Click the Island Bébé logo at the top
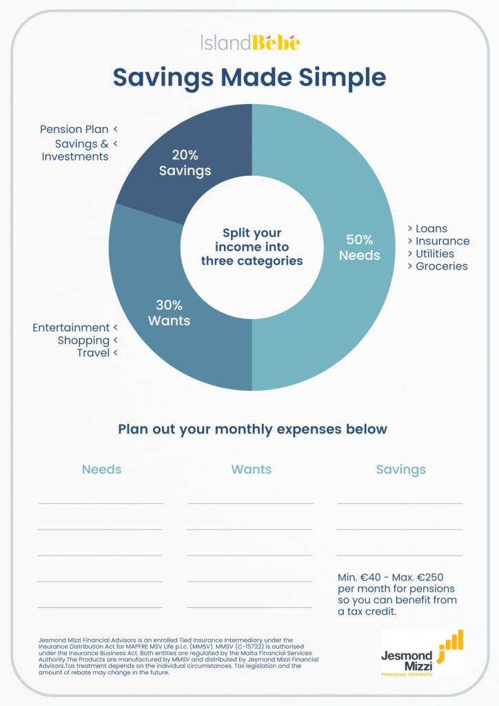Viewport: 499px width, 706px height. click(x=250, y=43)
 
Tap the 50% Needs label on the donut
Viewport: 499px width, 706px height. click(x=359, y=248)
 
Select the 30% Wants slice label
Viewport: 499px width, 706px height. click(x=169, y=313)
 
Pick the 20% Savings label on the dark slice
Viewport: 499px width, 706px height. click(x=185, y=163)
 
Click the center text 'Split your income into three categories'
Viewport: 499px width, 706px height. click(x=252, y=247)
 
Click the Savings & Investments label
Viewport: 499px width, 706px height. click(x=76, y=150)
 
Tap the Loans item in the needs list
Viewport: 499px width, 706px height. click(x=431, y=228)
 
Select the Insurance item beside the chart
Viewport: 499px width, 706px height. click(x=442, y=241)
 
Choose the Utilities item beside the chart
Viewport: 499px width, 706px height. click(x=435, y=254)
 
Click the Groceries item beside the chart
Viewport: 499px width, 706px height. click(x=441, y=266)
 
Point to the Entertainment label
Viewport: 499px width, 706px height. click(x=71, y=327)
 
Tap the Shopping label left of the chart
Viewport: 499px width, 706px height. click(x=83, y=341)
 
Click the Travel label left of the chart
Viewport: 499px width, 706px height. click(x=93, y=353)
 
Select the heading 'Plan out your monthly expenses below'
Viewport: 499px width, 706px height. click(x=252, y=429)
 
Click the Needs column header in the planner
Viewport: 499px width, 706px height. click(x=101, y=470)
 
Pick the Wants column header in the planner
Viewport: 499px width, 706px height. click(x=251, y=470)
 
